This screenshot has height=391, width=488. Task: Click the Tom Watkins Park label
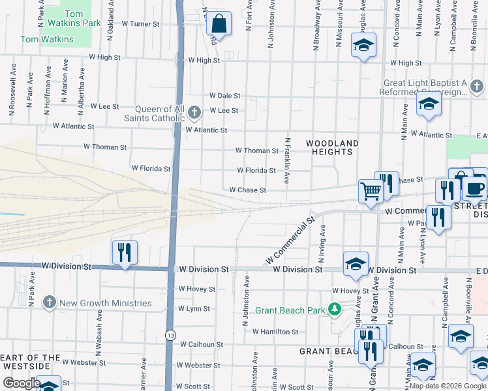tap(83, 18)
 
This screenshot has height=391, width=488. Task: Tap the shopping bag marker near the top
tap(219, 25)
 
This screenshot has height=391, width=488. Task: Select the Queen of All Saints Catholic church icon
tap(194, 113)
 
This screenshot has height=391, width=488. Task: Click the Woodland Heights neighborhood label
tap(333, 147)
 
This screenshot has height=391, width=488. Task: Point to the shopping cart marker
tap(371, 192)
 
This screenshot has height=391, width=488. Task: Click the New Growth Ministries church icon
tap(50, 302)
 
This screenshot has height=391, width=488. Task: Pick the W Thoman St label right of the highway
tap(257, 151)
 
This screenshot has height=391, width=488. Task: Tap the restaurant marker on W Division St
tap(123, 252)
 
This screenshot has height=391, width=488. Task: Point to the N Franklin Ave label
tap(287, 160)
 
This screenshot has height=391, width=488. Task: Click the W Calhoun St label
tap(202, 344)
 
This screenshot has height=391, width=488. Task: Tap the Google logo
tap(22, 383)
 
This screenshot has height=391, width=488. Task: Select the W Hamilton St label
tap(275, 332)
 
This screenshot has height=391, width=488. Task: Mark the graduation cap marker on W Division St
tap(356, 263)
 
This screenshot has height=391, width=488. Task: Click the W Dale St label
tap(225, 95)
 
